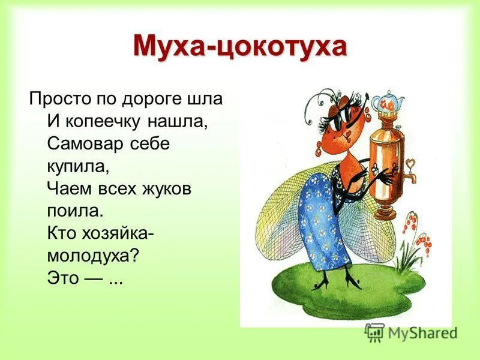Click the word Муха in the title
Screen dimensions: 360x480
169,47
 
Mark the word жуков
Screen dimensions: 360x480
165,189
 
